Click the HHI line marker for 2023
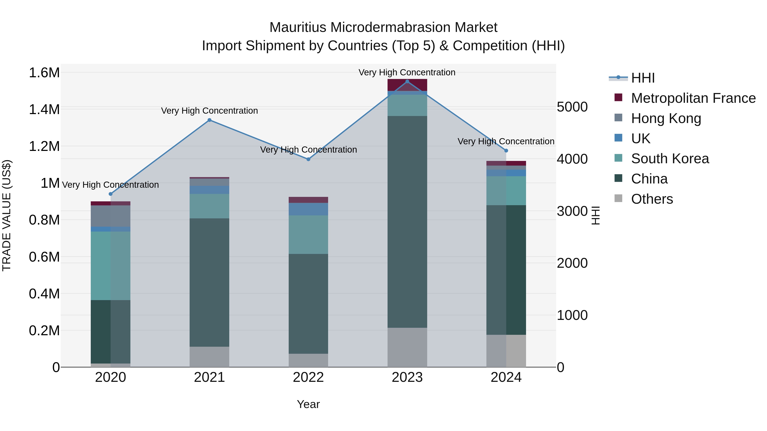point(407,82)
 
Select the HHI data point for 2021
point(209,120)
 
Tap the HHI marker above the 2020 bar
point(110,194)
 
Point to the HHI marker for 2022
point(308,159)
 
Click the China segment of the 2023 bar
point(407,222)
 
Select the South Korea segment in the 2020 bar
point(110,266)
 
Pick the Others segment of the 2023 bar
point(407,347)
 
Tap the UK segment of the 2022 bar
point(308,209)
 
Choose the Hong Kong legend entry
point(666,118)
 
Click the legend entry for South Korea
point(670,159)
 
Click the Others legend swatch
point(619,198)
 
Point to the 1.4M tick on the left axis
point(44,109)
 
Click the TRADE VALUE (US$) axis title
point(7,215)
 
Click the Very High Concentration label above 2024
point(506,141)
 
